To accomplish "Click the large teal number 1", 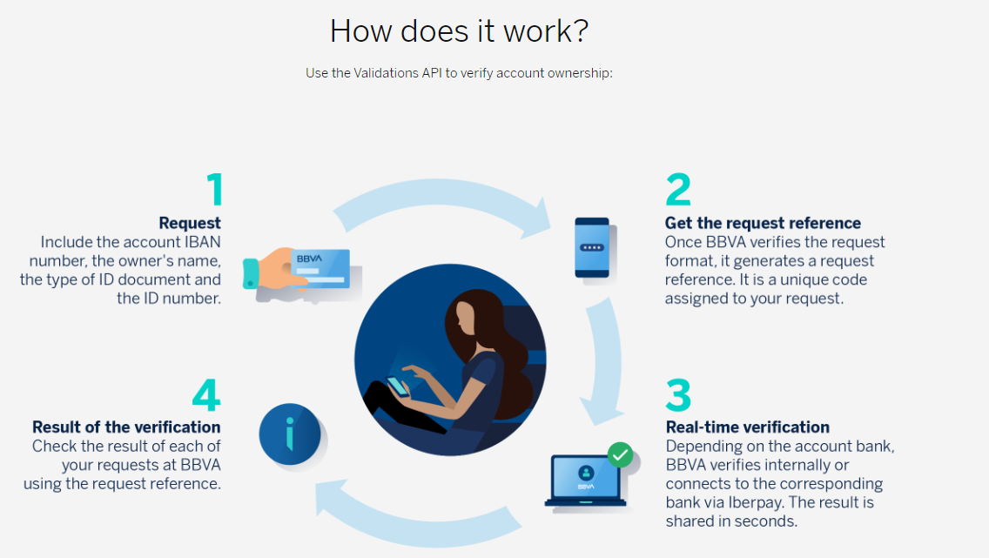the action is (x=215, y=189).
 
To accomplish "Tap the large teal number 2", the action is (x=678, y=189).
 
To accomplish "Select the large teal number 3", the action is (x=678, y=394).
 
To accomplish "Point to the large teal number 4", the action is (x=206, y=394).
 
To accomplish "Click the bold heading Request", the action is (x=190, y=223).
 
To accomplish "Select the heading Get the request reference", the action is (x=763, y=223).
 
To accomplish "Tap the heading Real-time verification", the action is (x=748, y=427).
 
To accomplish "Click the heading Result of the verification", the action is (x=126, y=427).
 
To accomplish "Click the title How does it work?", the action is (x=459, y=30).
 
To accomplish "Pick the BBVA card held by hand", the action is (x=320, y=269).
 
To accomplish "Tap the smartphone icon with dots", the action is (x=592, y=248).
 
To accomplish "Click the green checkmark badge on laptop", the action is (x=620, y=454).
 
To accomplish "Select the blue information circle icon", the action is (x=290, y=434).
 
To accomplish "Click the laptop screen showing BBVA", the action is (x=585, y=477).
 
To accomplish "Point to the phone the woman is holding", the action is (x=397, y=387).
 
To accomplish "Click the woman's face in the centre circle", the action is (x=466, y=319).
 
